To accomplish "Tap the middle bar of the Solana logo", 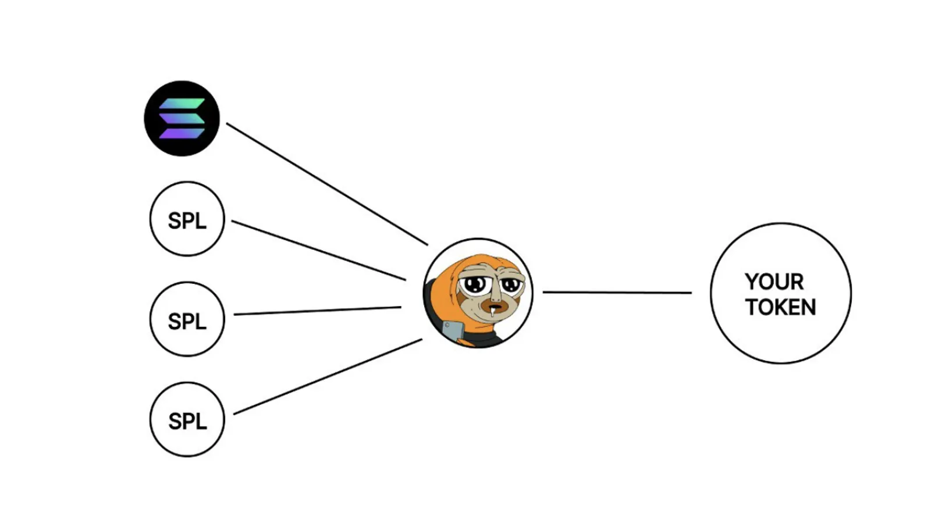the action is (182, 119).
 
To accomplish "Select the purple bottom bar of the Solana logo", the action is (182, 133).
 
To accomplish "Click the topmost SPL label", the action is (187, 220).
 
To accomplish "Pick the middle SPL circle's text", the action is (187, 321).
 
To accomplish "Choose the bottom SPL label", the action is (187, 422).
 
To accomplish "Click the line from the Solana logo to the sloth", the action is (327, 184).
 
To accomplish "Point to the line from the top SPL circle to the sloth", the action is (319, 250).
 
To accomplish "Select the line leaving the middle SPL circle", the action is (318, 311).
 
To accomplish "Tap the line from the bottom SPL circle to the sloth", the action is (328, 376).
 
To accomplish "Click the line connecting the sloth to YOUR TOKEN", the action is (617, 293).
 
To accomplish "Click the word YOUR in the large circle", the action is (774, 282).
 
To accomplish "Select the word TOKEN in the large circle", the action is (781, 307).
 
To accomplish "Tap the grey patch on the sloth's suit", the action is (453, 331).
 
